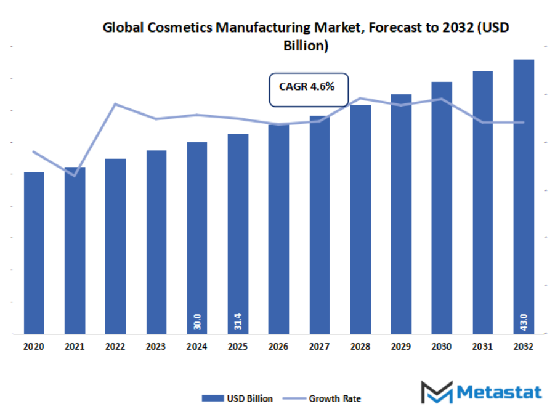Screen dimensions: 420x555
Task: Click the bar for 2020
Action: [34, 252]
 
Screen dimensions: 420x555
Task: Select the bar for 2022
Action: [115, 246]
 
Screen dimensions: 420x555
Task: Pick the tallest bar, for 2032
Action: [524, 197]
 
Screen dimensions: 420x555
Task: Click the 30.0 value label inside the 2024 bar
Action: [197, 321]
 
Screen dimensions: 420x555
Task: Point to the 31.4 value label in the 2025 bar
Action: [238, 321]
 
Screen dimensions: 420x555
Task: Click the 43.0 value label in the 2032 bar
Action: [524, 321]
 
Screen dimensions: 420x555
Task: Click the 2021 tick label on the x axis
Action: [75, 347]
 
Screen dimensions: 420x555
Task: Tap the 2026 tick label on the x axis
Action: [278, 347]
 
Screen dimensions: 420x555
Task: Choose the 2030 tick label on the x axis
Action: [442, 347]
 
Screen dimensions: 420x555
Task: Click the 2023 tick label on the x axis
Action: [156, 347]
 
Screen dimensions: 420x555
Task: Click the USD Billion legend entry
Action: [237, 398]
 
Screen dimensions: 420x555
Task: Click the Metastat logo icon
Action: [436, 392]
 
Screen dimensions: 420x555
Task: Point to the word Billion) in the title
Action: [306, 45]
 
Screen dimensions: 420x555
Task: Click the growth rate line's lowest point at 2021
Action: [75, 176]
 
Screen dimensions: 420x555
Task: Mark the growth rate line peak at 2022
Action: [115, 104]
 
